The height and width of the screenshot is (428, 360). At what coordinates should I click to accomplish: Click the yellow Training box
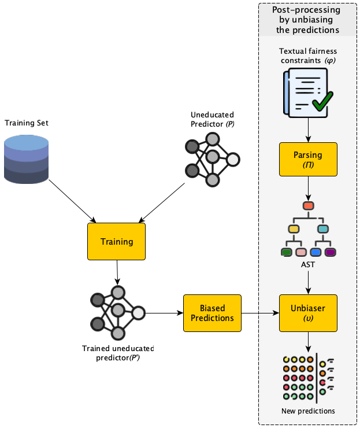[117, 241]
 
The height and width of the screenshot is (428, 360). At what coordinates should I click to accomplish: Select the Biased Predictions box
[212, 313]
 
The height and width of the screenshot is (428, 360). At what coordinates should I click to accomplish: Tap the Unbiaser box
[308, 313]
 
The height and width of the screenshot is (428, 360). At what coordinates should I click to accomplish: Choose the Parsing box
[308, 160]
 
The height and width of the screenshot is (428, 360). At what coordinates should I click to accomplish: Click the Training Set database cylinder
[27, 159]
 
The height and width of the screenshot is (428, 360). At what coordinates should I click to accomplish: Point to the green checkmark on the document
[322, 101]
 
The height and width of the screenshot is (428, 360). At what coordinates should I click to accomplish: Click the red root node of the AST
[308, 205]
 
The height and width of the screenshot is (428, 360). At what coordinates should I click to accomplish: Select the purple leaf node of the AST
[331, 252]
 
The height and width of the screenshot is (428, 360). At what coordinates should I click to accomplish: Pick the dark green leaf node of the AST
[287, 252]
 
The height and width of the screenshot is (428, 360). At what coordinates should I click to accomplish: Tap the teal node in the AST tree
[323, 228]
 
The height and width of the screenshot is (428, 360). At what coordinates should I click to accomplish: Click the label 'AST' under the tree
[308, 264]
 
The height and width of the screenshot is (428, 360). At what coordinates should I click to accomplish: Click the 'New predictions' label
[308, 411]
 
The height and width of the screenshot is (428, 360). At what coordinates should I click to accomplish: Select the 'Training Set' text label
[27, 123]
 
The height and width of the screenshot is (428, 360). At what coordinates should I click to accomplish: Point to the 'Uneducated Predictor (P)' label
[212, 119]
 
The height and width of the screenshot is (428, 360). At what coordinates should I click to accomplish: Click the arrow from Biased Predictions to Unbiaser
[260, 313]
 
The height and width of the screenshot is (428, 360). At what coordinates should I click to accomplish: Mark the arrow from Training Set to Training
[72, 201]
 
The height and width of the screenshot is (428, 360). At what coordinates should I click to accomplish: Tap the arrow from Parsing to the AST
[308, 189]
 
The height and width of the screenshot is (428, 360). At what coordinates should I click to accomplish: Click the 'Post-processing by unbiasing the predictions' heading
[307, 20]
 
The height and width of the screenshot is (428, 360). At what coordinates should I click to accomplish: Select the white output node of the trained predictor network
[138, 313]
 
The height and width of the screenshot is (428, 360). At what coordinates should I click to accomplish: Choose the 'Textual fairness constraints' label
[308, 56]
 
